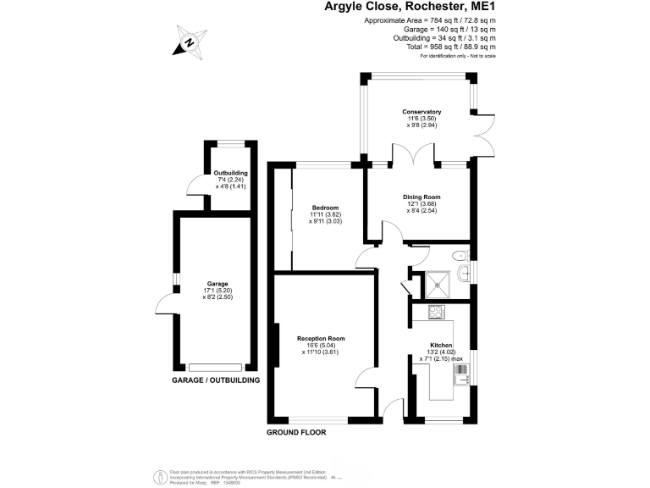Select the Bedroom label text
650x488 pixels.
(x=325, y=208)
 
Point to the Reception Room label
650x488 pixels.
(x=321, y=339)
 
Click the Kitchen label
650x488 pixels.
(x=441, y=346)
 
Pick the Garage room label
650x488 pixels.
(x=218, y=284)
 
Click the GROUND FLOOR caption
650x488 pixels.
(x=296, y=432)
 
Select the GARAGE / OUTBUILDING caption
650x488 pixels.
(x=216, y=380)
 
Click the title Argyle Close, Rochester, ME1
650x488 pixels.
(x=410, y=7)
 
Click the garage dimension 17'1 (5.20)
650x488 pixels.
(x=218, y=291)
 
